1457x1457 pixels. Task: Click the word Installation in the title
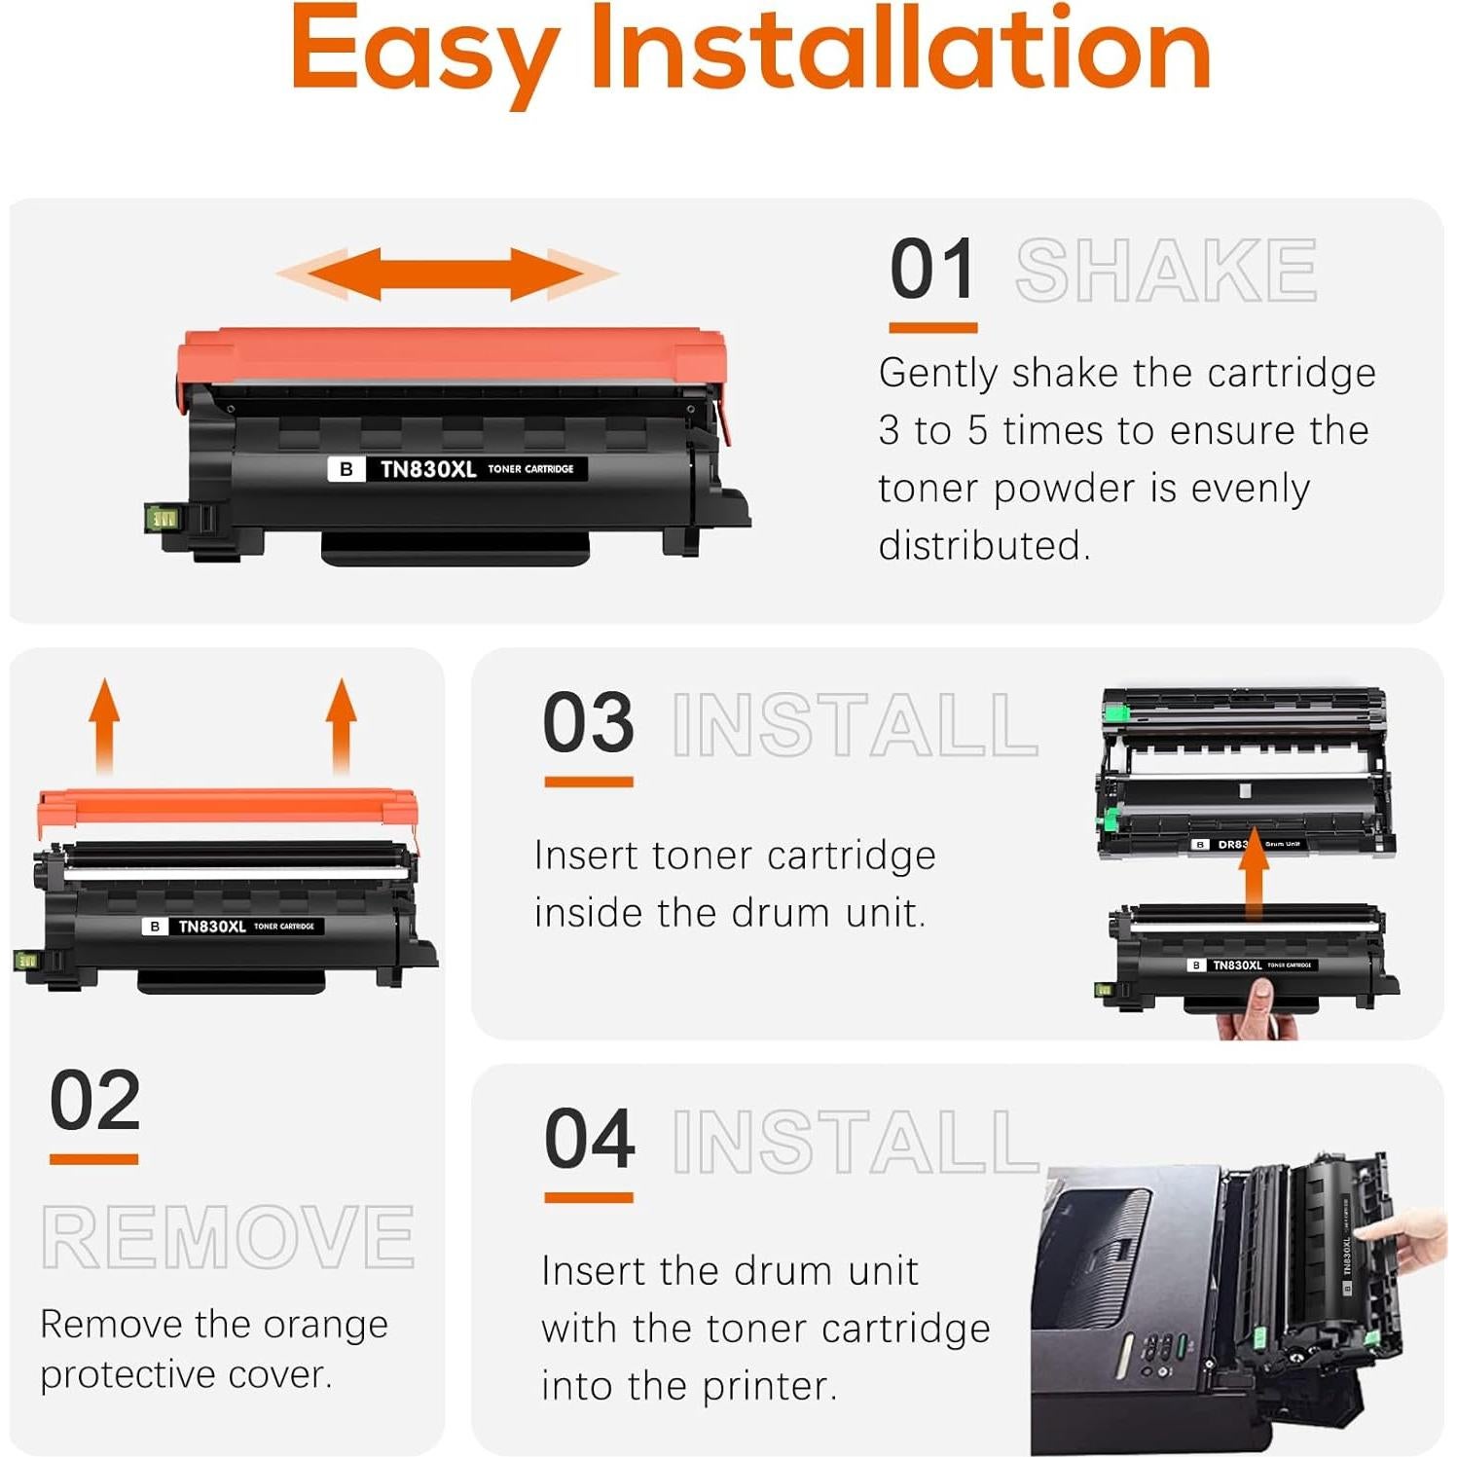pos(900,49)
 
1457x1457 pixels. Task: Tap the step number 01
pos(931,271)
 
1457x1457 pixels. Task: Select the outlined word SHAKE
pos(1165,272)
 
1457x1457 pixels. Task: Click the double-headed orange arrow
pos(447,273)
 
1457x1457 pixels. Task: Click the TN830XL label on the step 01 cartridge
pos(428,469)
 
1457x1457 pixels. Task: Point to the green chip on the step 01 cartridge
pos(162,518)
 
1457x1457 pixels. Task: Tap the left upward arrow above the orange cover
pos(104,725)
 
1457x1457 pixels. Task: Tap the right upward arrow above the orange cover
pos(341,725)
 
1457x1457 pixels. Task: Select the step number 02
pos(94,1101)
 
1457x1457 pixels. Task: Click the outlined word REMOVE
pos(228,1237)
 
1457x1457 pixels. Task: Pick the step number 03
pos(588,723)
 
